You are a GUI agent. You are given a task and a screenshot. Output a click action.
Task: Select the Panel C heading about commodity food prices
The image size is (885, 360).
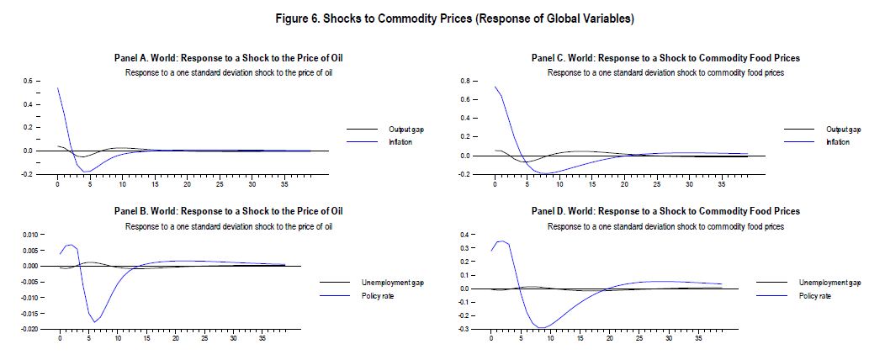[x=665, y=58]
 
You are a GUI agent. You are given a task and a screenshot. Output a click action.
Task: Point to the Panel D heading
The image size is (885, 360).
[x=665, y=210]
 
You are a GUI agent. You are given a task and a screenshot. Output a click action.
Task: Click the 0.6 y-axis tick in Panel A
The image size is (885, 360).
[x=27, y=82]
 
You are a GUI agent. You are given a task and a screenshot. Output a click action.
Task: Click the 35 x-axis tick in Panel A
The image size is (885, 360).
[x=285, y=183]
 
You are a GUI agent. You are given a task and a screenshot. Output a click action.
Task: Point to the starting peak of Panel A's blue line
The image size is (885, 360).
[x=57, y=87]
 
